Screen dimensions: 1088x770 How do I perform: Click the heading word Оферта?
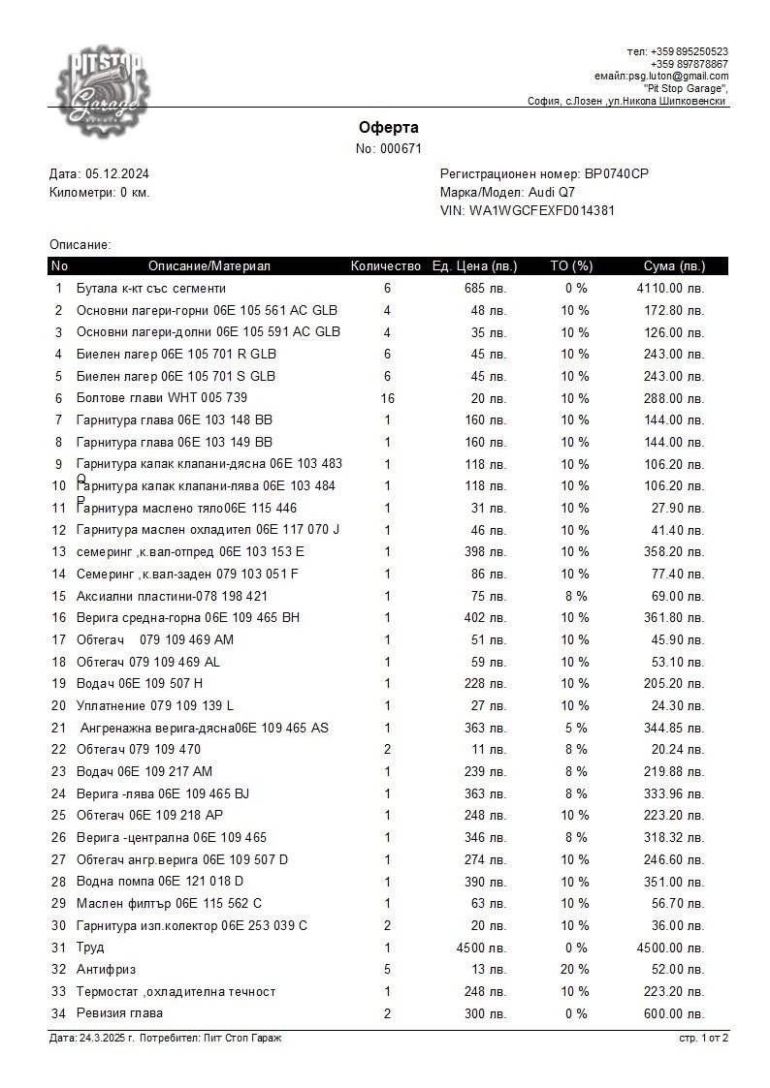[388, 128]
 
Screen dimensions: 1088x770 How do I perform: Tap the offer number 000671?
[401, 148]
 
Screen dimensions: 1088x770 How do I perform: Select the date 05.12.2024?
[117, 174]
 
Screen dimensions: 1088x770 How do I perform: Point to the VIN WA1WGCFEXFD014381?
[541, 210]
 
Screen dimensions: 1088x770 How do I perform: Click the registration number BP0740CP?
[616, 174]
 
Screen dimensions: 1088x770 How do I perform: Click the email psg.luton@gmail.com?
[678, 76]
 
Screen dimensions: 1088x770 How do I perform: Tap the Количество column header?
[386, 266]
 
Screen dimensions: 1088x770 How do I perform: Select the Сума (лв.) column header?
[674, 266]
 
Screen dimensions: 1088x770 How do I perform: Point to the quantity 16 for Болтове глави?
[387, 398]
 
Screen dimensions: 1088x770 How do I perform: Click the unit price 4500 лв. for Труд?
[481, 948]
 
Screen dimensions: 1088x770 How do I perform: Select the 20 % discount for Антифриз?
[575, 969]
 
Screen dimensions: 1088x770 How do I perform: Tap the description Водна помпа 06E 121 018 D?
[160, 882]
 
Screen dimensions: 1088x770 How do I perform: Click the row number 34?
[59, 1013]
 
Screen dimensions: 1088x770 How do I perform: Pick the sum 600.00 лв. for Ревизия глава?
[675, 1013]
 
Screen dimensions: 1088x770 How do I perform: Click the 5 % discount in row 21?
[575, 728]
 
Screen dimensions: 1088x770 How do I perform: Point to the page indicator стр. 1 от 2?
[703, 1039]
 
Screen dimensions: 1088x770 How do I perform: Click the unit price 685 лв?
[486, 289]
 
